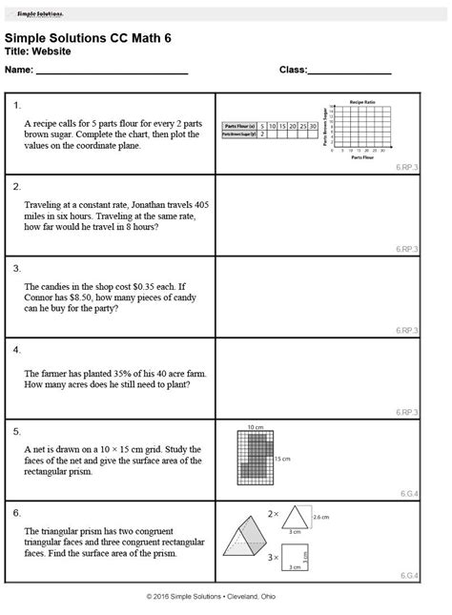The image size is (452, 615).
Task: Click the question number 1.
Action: pyautogui.click(x=18, y=105)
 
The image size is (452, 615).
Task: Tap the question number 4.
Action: pyautogui.click(x=18, y=349)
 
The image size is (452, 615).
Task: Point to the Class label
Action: pyautogui.click(x=292, y=72)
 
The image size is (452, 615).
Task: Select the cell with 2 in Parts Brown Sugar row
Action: pyautogui.click(x=262, y=134)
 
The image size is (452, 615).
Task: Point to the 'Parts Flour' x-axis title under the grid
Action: pyautogui.click(x=361, y=157)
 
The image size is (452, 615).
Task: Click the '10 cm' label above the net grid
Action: pyautogui.click(x=254, y=426)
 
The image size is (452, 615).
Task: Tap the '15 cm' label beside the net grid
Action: pyautogui.click(x=283, y=459)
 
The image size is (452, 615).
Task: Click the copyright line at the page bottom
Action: pyautogui.click(x=226, y=595)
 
